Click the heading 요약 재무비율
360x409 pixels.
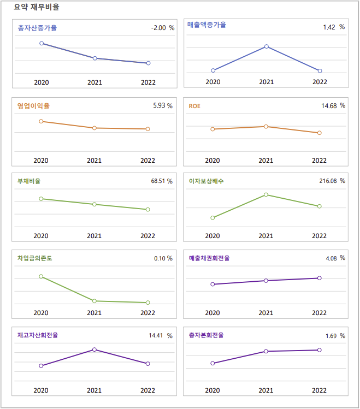coord(37,7)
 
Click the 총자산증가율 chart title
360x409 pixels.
coord(37,28)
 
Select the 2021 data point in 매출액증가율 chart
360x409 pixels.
coord(267,46)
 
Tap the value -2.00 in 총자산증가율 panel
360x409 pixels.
coord(158,28)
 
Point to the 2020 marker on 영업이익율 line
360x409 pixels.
coord(41,121)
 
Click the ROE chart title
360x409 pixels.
coord(194,106)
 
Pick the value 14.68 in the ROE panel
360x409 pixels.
coord(329,105)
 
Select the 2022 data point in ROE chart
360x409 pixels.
coord(320,133)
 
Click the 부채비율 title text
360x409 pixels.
coord(29,181)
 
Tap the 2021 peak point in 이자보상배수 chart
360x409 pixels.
coord(266,194)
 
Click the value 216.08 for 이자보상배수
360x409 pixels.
coord(328,181)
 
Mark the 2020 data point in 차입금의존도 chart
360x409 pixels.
coord(41,276)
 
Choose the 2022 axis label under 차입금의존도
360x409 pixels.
coord(147,313)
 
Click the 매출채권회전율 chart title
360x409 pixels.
coord(209,258)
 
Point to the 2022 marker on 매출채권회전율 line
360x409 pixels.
coord(320,278)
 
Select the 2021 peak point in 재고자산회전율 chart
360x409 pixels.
coord(95,349)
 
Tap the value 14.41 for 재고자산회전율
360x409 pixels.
coord(156,335)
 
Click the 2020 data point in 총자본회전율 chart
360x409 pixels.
coord(213,363)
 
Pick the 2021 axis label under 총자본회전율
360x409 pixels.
coord(266,390)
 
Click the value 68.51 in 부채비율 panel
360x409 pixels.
coord(158,181)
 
